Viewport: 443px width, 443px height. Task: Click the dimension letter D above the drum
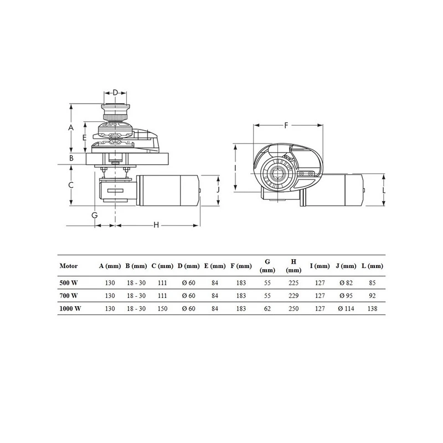pyautogui.click(x=115, y=92)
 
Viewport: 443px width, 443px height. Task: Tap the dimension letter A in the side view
pyautogui.click(x=71, y=128)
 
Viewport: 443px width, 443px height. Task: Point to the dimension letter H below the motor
pyautogui.click(x=156, y=225)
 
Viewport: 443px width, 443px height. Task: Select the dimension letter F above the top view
pyautogui.click(x=286, y=125)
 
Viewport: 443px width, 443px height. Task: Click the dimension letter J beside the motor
pyautogui.click(x=218, y=189)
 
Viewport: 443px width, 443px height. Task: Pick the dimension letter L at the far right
pyautogui.click(x=384, y=190)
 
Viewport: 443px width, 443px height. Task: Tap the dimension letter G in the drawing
pyautogui.click(x=95, y=215)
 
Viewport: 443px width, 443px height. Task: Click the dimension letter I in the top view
pyautogui.click(x=235, y=168)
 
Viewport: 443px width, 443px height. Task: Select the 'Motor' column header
pyautogui.click(x=69, y=266)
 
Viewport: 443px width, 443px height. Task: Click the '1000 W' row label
pyautogui.click(x=70, y=308)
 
